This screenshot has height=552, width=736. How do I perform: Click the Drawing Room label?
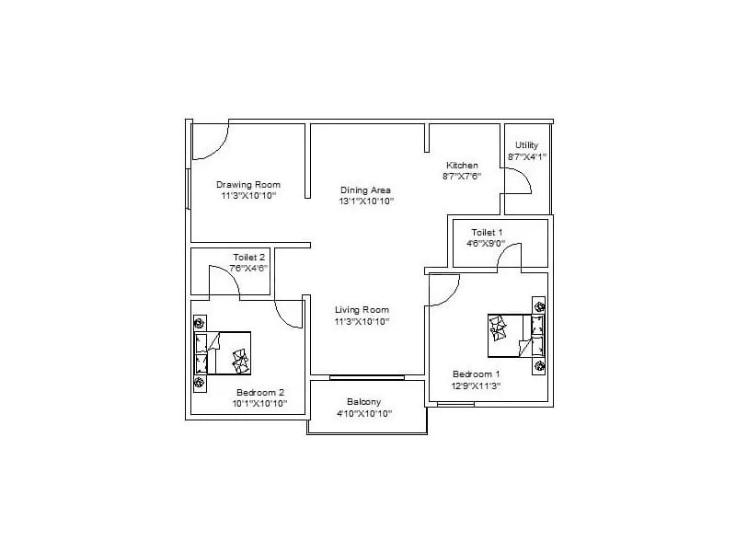point(248,184)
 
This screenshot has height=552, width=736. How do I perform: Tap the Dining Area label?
point(366,190)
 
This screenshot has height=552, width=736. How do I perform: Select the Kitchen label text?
point(462,166)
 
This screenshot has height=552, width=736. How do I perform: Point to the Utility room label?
point(527,145)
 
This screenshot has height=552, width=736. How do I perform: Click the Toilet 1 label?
point(488,232)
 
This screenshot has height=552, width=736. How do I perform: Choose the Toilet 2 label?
point(249,257)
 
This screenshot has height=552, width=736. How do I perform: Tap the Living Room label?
point(362,310)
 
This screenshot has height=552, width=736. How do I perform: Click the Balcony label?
point(364,402)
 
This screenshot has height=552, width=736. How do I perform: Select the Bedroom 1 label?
point(477,374)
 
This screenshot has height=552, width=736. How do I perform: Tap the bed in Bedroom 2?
point(223,353)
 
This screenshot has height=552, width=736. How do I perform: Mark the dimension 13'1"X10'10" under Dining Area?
point(366,201)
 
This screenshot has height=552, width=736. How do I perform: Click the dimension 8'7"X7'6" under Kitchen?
point(462,176)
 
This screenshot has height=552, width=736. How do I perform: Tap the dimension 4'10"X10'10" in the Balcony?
point(364,414)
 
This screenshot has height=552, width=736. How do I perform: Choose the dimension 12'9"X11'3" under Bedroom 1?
point(477,386)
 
